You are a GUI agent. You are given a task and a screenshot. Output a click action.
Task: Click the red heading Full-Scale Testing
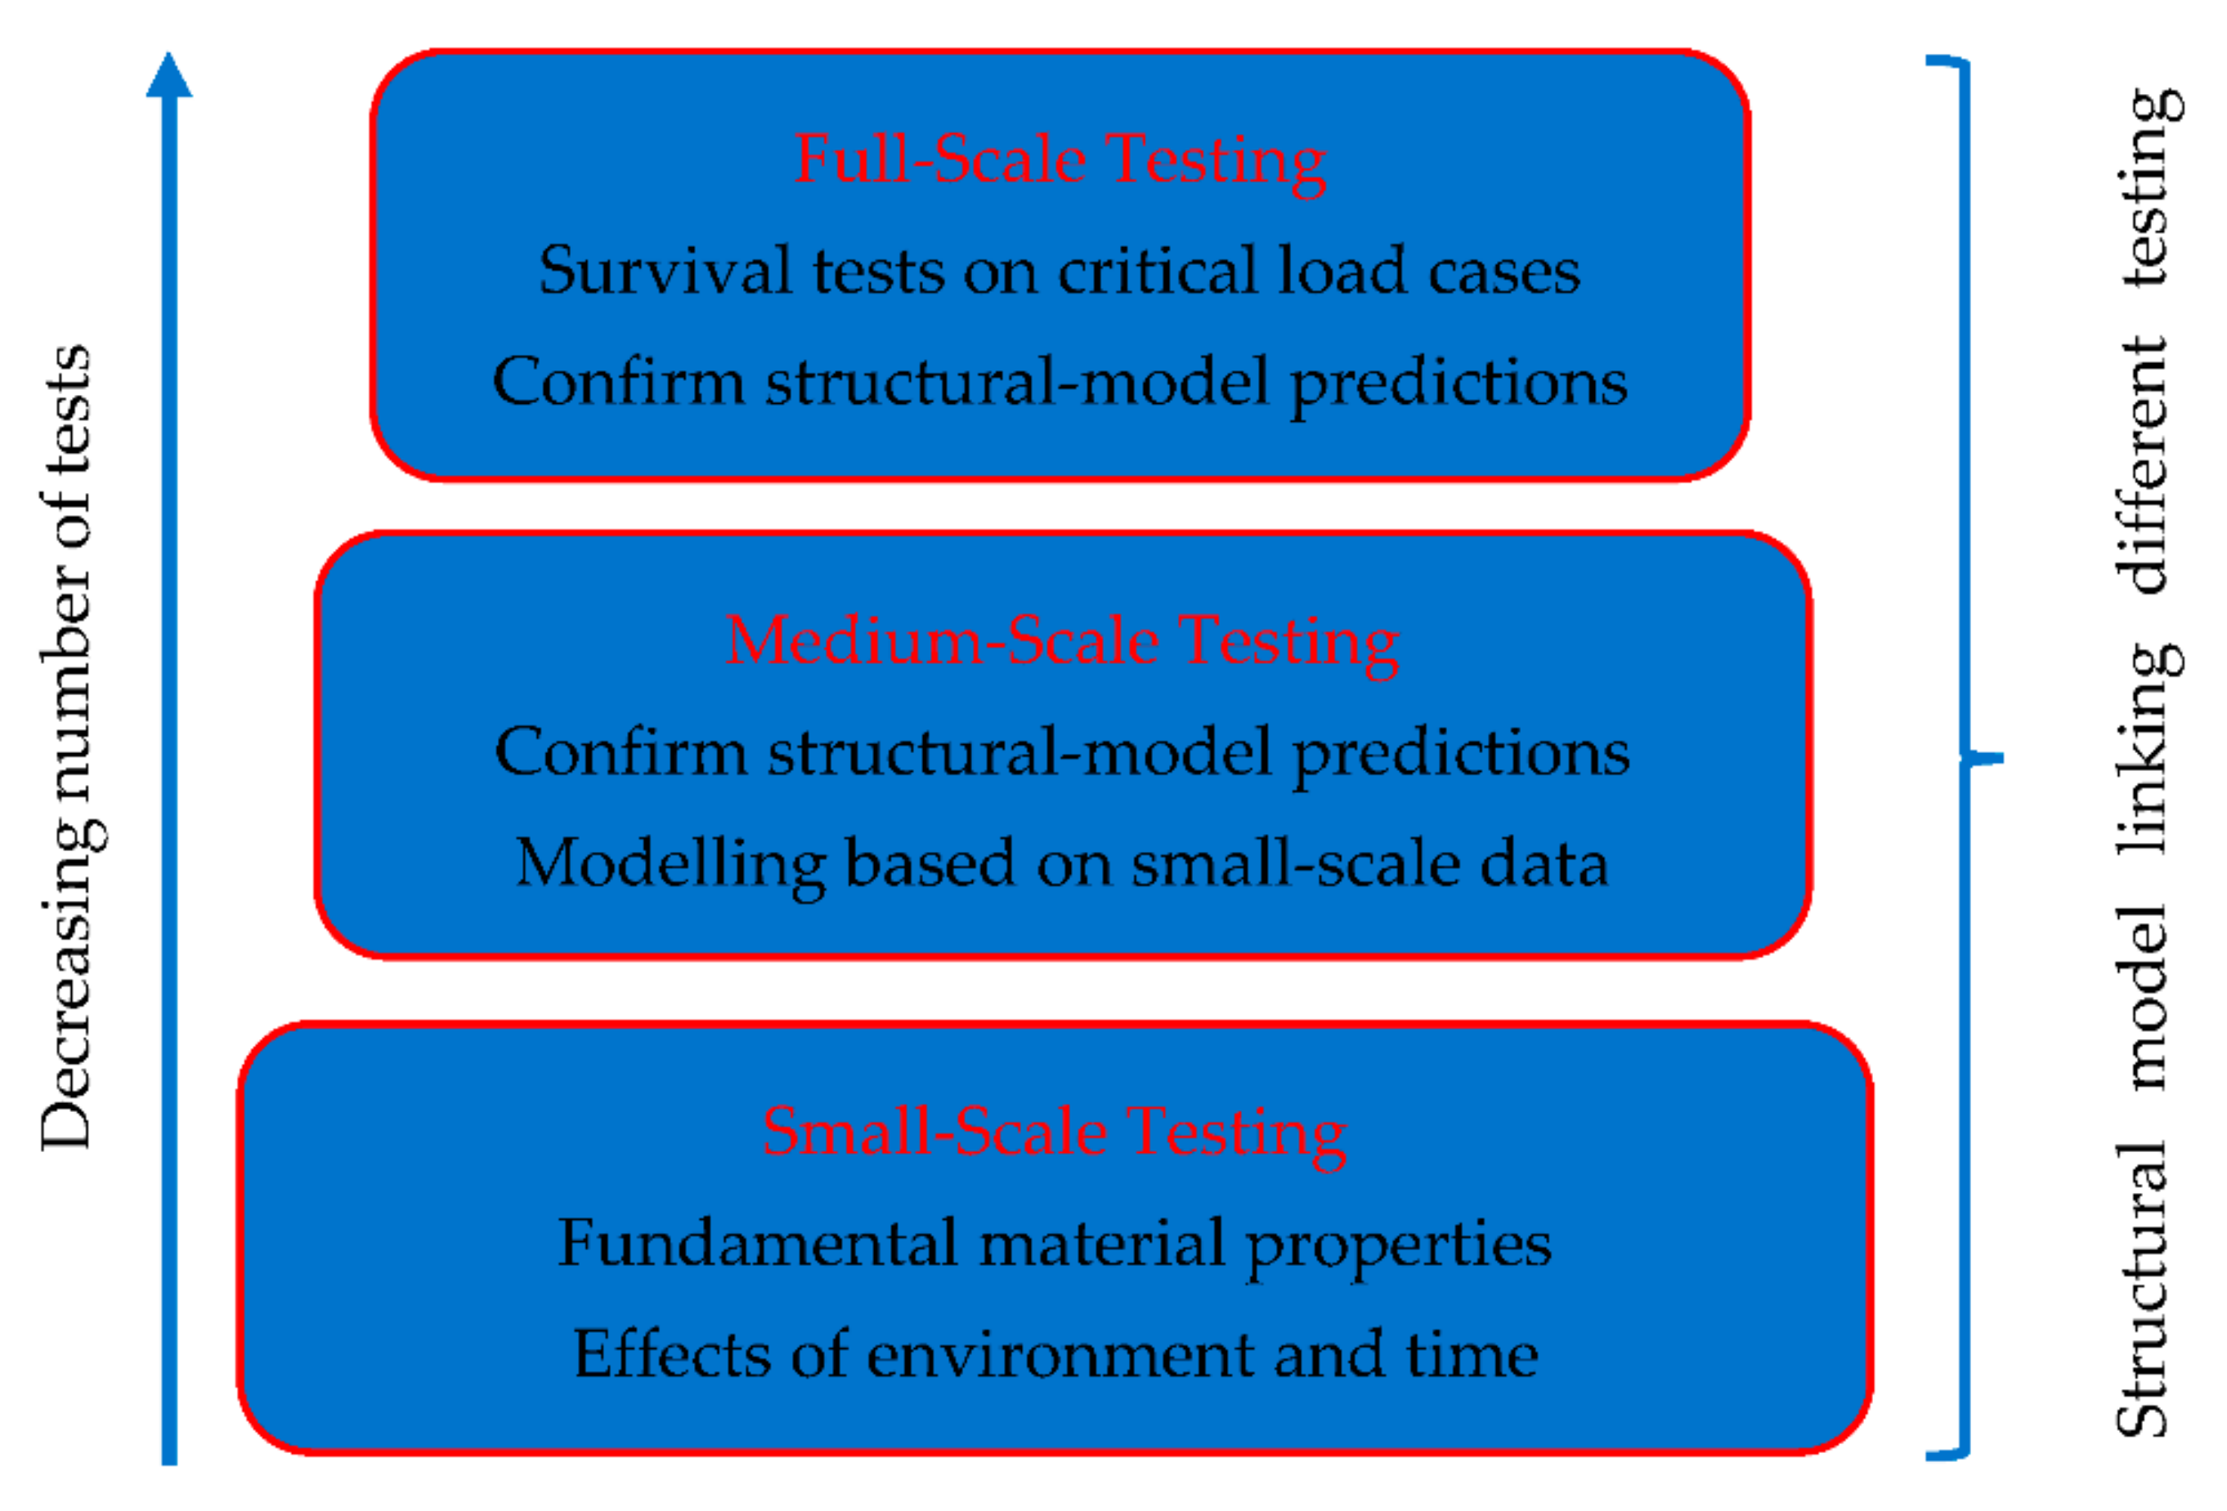click(x=1060, y=161)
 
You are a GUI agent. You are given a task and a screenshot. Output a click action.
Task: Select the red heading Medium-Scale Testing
click(x=1062, y=642)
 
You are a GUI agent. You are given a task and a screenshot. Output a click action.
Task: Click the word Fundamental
click(x=758, y=1243)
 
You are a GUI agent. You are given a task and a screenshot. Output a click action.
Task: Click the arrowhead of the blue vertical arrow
click(x=169, y=74)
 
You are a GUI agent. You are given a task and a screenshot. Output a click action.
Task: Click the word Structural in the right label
click(x=2142, y=1289)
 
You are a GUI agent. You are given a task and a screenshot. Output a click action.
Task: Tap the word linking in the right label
click(x=2149, y=748)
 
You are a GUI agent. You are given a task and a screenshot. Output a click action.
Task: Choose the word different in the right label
click(x=2142, y=464)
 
